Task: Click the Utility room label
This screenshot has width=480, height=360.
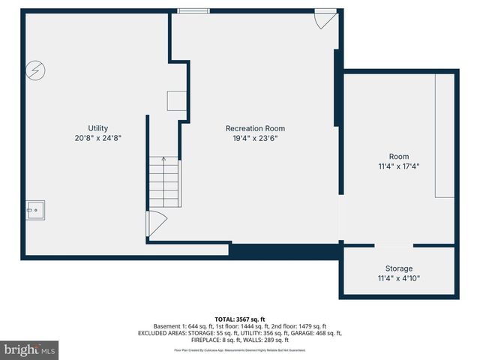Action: coord(97,128)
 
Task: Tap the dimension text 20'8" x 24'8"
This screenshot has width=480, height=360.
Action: coord(97,138)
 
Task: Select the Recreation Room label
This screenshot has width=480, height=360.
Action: coord(255,128)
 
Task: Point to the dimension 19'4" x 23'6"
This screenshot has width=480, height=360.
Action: coord(255,138)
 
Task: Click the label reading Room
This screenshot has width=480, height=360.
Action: coord(399,156)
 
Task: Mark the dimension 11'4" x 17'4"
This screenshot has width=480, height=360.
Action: coord(399,166)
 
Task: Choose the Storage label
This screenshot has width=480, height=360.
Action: coord(399,268)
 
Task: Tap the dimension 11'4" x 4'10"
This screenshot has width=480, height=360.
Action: coord(399,278)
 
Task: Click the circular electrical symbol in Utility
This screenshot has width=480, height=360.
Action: coord(34,70)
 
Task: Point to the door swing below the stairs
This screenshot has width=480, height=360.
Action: coord(155,223)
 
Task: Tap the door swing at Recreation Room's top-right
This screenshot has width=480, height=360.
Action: coord(325,19)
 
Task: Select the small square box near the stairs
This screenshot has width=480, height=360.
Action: coord(176,101)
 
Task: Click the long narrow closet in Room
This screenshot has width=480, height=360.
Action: coord(444,135)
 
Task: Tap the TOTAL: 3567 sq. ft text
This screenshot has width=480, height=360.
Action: coord(239,319)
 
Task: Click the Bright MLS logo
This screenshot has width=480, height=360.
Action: coord(29,349)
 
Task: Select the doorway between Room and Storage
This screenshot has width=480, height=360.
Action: coord(393,244)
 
